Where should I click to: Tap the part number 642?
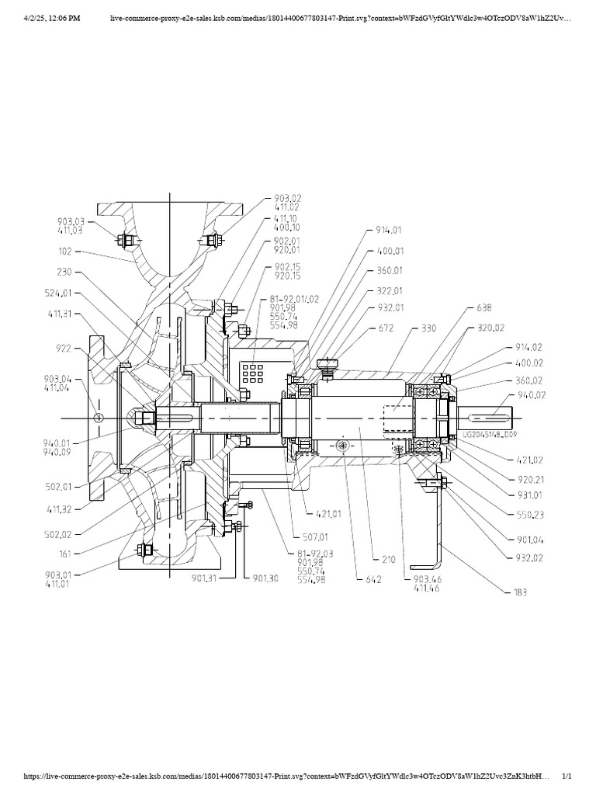[365, 579]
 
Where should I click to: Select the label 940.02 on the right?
[528, 394]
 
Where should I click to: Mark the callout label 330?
[428, 328]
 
